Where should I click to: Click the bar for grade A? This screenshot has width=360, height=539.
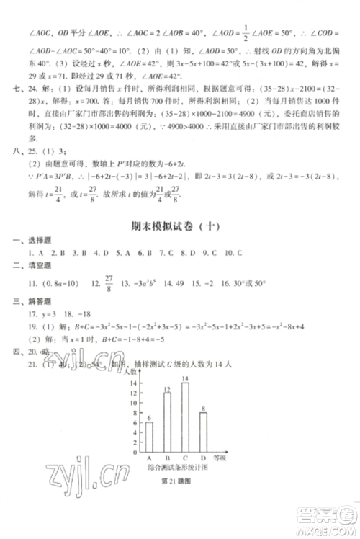(149, 436)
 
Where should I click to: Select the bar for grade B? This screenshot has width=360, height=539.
(167, 421)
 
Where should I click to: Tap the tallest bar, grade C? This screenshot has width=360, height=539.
(185, 416)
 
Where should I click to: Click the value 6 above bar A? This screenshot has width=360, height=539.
(149, 418)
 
